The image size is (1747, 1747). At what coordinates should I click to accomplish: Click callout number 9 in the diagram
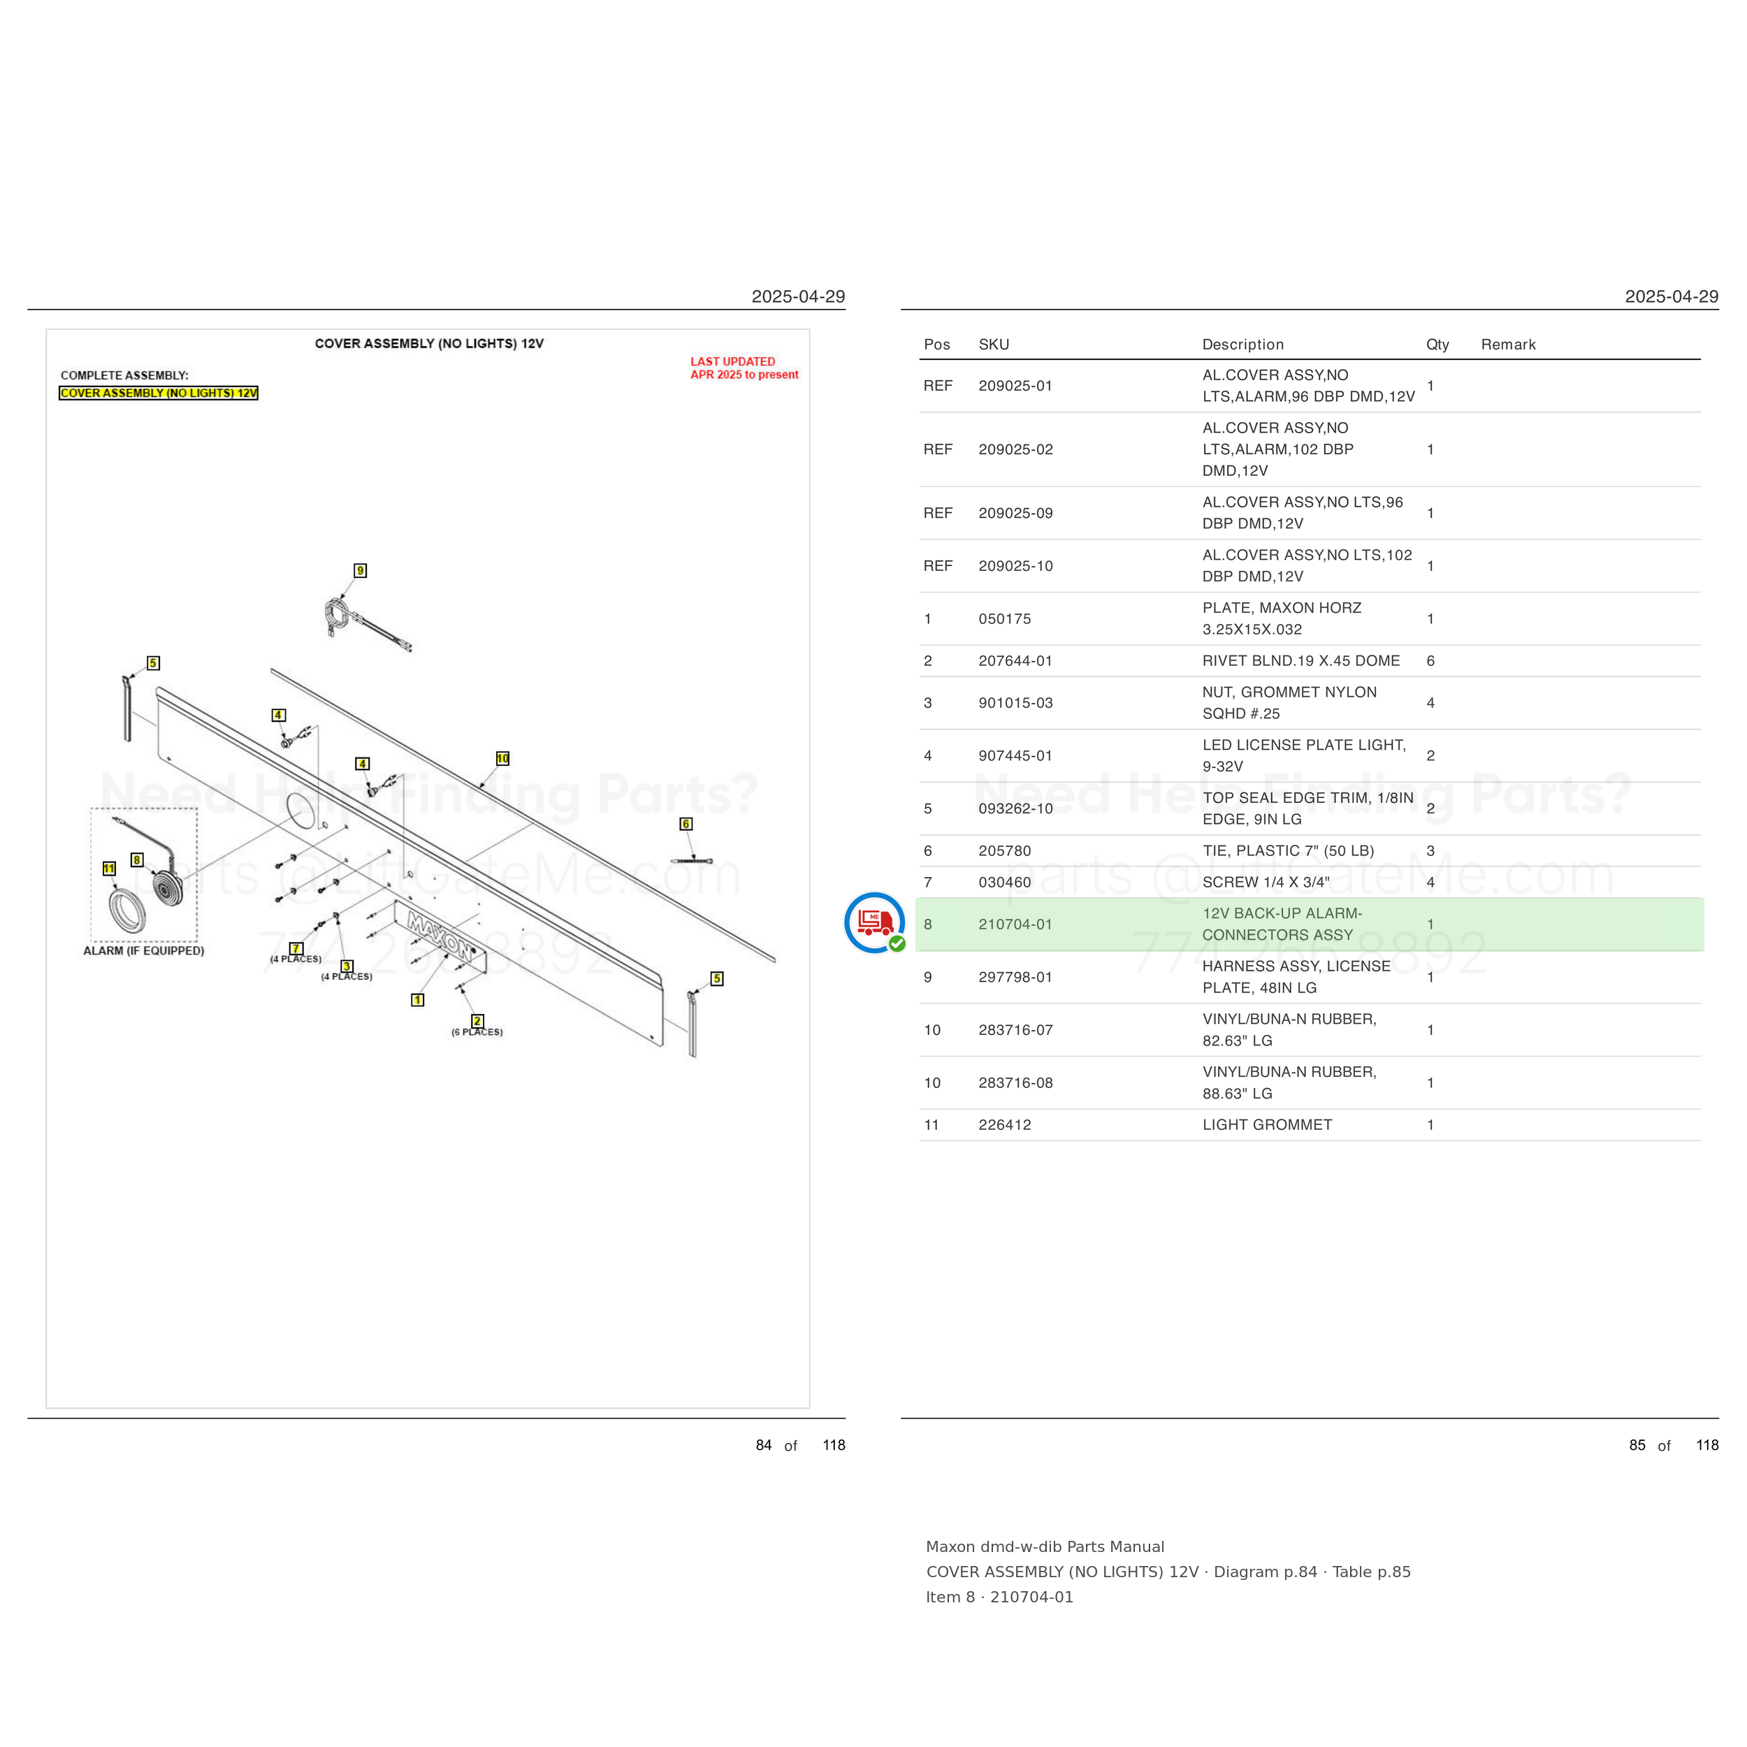360,571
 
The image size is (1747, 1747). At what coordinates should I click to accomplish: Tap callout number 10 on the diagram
502,759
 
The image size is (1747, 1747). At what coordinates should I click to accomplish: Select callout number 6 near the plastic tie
686,824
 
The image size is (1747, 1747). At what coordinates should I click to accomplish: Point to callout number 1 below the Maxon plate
418,999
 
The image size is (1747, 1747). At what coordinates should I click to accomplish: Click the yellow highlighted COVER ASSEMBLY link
158,393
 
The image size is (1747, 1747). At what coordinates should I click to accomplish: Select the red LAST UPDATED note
744,368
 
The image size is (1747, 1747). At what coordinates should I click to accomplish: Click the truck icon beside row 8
874,923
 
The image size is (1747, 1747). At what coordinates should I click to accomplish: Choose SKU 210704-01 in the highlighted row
1015,924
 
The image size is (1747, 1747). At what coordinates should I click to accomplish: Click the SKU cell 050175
1005,618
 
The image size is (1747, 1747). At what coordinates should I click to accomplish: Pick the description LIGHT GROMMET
1267,1125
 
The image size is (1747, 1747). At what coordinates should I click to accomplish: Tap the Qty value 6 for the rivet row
1430,661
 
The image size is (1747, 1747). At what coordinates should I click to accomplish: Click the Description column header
1243,345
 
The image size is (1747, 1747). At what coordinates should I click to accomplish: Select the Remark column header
1508,345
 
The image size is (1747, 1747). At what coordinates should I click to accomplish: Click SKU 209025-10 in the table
1015,566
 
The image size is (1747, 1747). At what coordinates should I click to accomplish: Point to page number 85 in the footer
1637,1445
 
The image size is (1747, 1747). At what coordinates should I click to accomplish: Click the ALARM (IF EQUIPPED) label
144,950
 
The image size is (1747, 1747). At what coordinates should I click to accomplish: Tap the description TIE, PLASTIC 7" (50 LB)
1289,851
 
